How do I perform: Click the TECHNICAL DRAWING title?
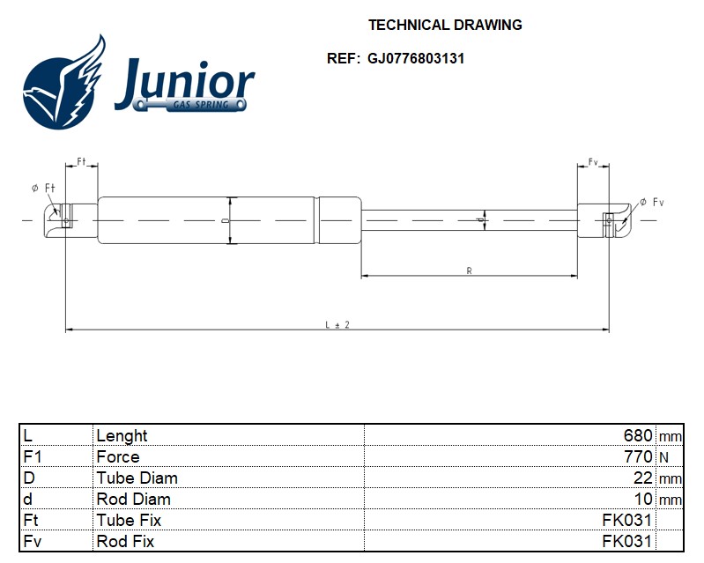pyautogui.click(x=445, y=25)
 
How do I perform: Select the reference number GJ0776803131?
pyautogui.click(x=416, y=58)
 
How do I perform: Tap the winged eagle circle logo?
pyautogui.click(x=63, y=84)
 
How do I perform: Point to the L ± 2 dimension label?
pyautogui.click(x=337, y=324)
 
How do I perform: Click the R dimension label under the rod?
pyautogui.click(x=469, y=270)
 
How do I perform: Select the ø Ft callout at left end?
pyautogui.click(x=43, y=189)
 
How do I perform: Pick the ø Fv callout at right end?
pyautogui.click(x=652, y=202)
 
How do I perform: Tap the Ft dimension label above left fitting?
pyautogui.click(x=81, y=161)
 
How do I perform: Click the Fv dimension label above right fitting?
pyautogui.click(x=593, y=161)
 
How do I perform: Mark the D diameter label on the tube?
pyautogui.click(x=225, y=220)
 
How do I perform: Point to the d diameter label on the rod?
pyautogui.click(x=480, y=220)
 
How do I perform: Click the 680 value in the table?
pyautogui.click(x=638, y=435)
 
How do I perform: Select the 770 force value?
pyautogui.click(x=638, y=456)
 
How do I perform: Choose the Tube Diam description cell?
pyautogui.click(x=137, y=478)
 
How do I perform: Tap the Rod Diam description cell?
pyautogui.click(x=133, y=499)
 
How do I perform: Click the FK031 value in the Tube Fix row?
pyautogui.click(x=626, y=520)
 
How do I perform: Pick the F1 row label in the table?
pyautogui.click(x=33, y=456)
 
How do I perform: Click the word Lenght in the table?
pyautogui.click(x=122, y=436)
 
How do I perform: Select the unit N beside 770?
pyautogui.click(x=664, y=457)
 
